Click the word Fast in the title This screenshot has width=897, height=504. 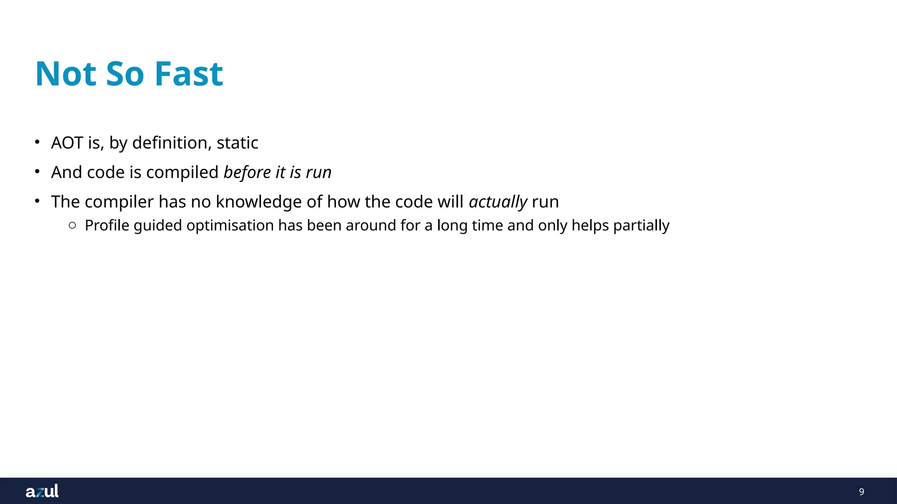click(x=189, y=74)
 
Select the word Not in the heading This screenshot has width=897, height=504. click(x=66, y=74)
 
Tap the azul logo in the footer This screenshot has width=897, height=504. click(x=42, y=491)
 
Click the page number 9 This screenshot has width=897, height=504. click(x=861, y=492)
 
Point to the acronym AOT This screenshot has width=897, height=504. click(x=67, y=143)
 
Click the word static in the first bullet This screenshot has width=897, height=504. click(x=237, y=143)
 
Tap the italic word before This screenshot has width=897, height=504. click(x=247, y=172)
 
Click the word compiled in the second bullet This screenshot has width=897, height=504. click(x=182, y=172)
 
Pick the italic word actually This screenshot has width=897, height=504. click(x=498, y=202)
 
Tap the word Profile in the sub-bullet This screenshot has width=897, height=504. click(x=107, y=226)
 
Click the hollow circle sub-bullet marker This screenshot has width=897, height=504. click(x=73, y=225)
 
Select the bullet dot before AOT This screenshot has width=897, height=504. click(x=38, y=142)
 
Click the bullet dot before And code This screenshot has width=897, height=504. click(x=38, y=171)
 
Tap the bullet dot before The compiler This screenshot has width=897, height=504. click(x=38, y=201)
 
